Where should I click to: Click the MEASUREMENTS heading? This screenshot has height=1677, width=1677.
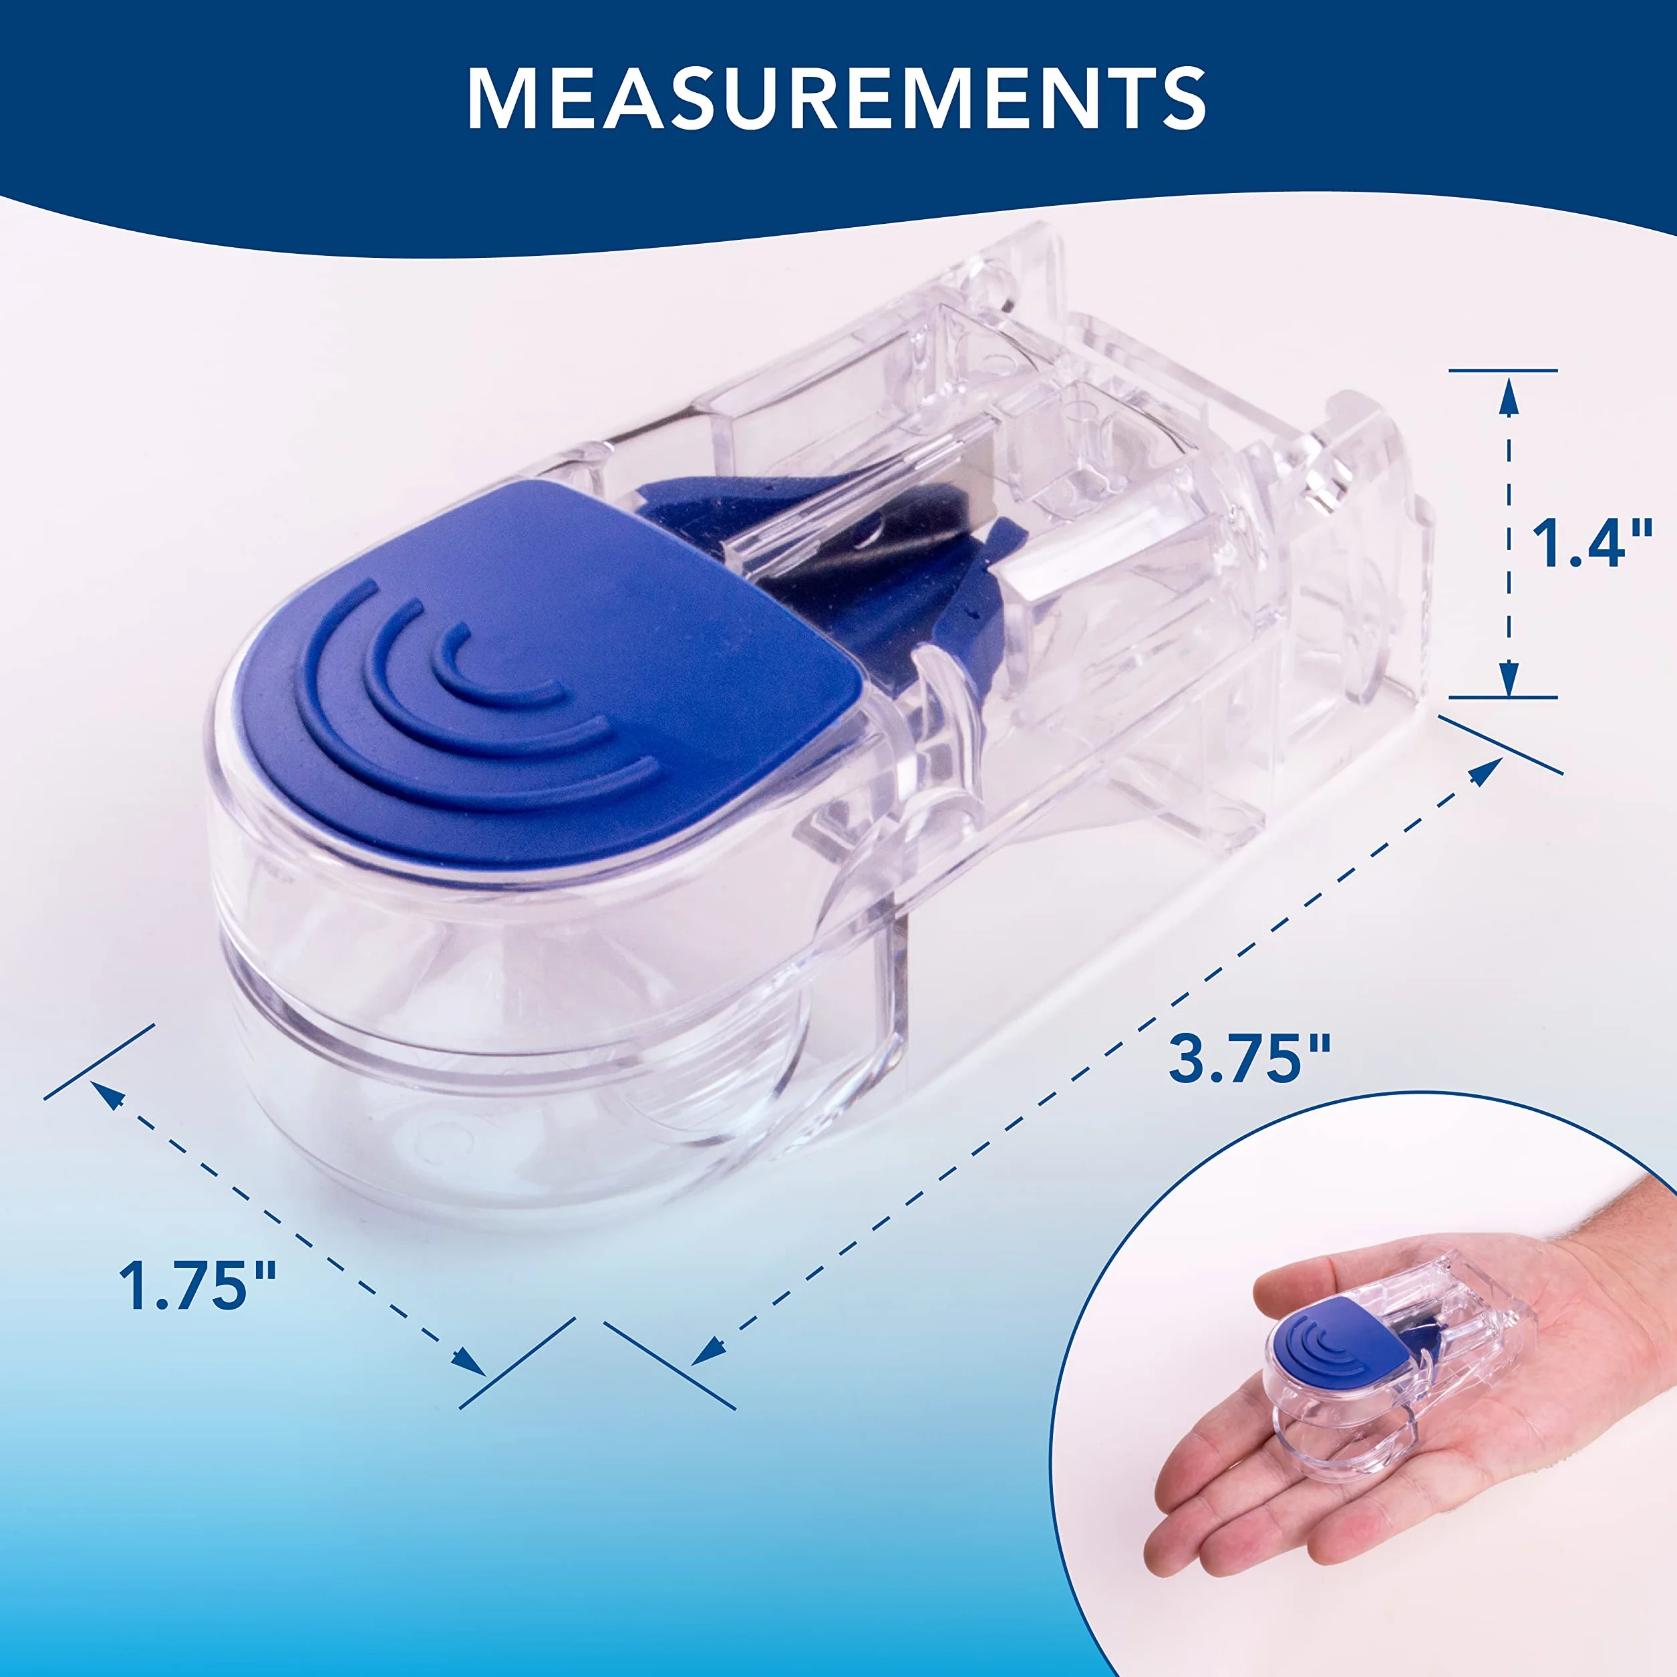pyautogui.click(x=836, y=98)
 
